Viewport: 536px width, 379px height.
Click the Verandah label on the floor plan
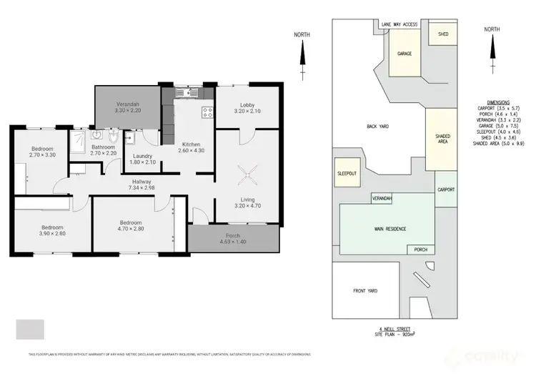[128, 104]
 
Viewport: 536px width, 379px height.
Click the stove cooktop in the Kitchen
[207, 112]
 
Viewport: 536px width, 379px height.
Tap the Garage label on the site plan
[405, 54]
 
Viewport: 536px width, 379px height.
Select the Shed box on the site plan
[443, 33]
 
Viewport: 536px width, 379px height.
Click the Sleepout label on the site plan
[347, 173]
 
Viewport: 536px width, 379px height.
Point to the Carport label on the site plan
[445, 189]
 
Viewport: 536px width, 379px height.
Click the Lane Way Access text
[399, 24]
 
